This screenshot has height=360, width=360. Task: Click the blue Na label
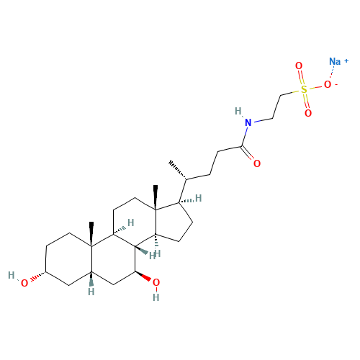(335, 62)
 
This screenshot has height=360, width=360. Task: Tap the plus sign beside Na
(346, 61)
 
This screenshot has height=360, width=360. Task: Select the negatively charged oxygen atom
(328, 84)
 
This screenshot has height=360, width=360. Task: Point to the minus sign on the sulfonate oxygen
(336, 84)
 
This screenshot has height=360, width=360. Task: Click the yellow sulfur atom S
(304, 89)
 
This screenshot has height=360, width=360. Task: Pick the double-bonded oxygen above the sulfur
(299, 66)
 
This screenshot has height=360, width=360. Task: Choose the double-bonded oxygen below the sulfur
(308, 113)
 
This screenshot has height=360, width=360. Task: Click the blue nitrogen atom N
(248, 122)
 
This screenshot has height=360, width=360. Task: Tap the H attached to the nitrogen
(238, 111)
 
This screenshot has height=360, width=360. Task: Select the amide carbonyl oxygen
(257, 163)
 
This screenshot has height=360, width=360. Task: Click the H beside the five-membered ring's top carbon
(198, 199)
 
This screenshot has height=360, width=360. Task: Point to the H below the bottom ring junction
(91, 292)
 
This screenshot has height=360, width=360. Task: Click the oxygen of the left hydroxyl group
(24, 284)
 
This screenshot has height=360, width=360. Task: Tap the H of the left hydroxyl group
(12, 275)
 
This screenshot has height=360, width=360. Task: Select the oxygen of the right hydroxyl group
(156, 282)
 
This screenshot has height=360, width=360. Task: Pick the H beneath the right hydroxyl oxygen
(156, 297)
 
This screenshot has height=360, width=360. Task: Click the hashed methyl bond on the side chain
(178, 170)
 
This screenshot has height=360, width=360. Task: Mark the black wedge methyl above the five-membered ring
(156, 197)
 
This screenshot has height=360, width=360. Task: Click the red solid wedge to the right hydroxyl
(143, 276)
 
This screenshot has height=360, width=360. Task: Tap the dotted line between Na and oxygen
(332, 73)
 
